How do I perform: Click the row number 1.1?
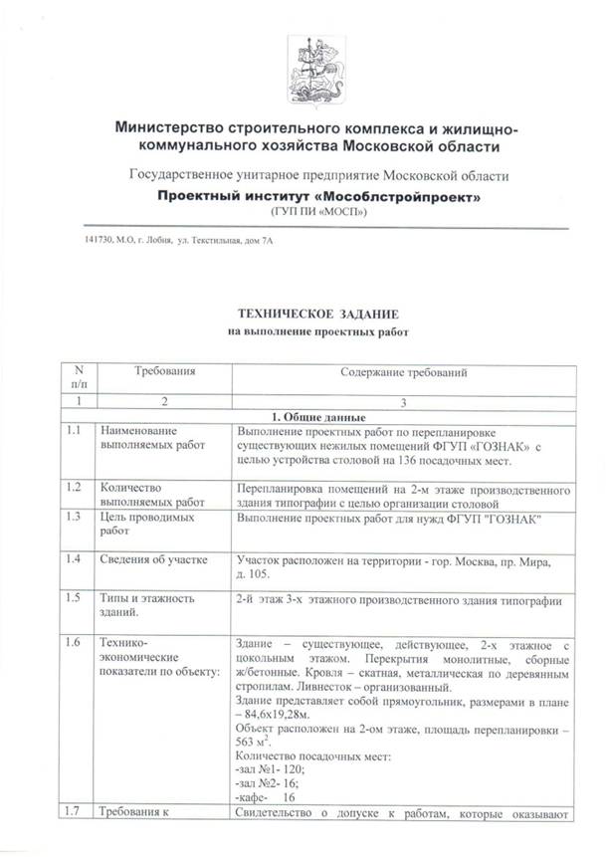coord(73,431)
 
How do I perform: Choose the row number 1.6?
coord(73,646)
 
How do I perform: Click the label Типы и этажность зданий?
coord(151,604)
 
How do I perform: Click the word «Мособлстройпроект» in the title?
coord(391,196)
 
